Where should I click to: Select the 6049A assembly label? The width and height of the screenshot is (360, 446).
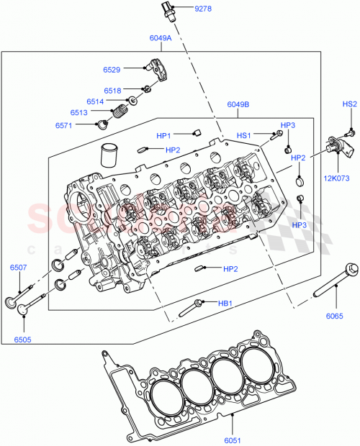(x=160, y=37)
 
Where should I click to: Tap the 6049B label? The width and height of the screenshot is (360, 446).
(x=238, y=105)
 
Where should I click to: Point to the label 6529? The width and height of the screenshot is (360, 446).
(x=112, y=70)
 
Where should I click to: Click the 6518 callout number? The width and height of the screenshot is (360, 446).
(x=112, y=91)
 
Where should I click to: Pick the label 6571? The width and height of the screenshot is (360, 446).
(x=65, y=125)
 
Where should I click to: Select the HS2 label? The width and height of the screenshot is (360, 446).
(x=349, y=104)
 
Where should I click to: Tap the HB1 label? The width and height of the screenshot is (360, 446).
(x=225, y=304)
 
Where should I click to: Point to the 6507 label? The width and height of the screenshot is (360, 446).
(x=19, y=268)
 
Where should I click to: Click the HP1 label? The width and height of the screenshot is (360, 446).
(x=164, y=135)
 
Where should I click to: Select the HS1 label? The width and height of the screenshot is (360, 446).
(x=244, y=135)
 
